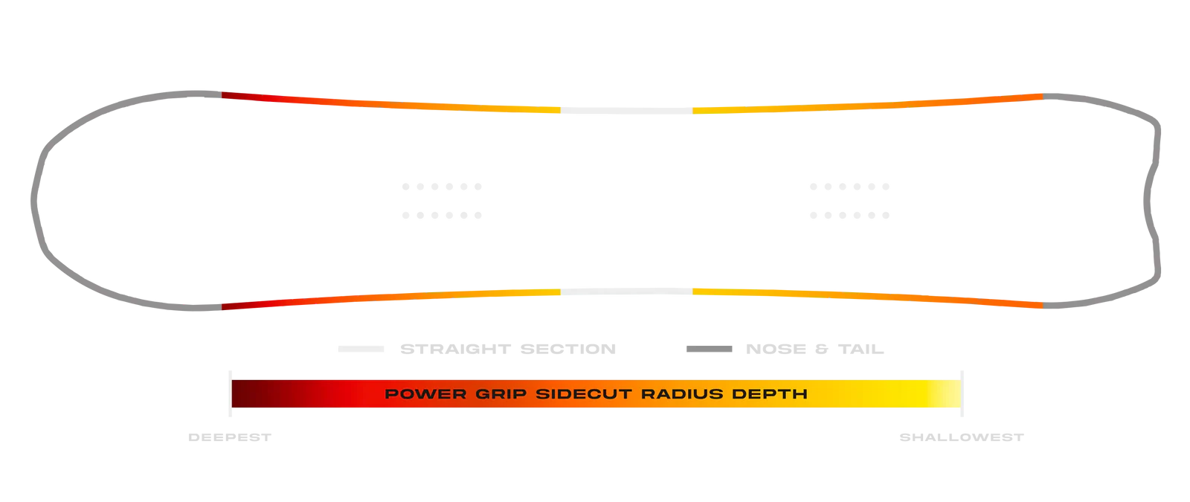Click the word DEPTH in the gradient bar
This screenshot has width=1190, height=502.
(x=771, y=393)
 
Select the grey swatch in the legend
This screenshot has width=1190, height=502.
(x=710, y=348)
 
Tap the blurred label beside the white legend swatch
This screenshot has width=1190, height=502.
(x=508, y=348)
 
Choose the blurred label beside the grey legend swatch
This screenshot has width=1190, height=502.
(x=814, y=348)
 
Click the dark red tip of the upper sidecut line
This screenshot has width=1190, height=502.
(x=227, y=94)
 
